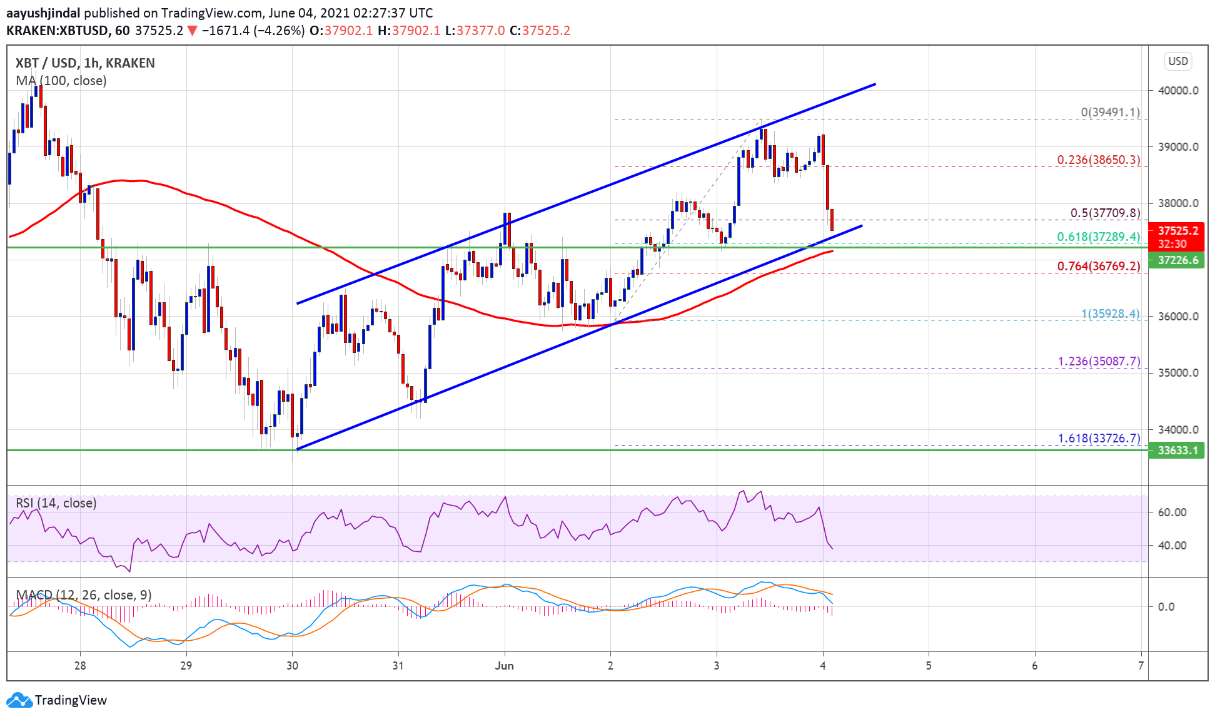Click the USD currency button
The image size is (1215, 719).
1177,61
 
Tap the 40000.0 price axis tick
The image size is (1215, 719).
1178,90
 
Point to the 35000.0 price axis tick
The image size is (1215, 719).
1178,373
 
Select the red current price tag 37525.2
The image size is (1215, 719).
1177,231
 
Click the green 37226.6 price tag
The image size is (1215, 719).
1177,260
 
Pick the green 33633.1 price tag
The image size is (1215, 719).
1177,451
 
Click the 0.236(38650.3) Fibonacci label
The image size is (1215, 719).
1098,160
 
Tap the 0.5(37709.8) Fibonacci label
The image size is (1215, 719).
1105,213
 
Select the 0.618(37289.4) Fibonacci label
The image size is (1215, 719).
1098,237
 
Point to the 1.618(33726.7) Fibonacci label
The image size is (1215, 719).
1099,438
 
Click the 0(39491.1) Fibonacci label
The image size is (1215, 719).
1110,113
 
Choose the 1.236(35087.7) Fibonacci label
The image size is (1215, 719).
1099,361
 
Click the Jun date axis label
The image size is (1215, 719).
504,666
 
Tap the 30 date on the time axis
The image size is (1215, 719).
292,666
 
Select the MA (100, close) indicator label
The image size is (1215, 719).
61,81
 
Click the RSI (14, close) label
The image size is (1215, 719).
56,503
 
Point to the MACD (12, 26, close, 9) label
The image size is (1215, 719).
84,594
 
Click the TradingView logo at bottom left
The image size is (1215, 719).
57,700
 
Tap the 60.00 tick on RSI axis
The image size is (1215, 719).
1172,512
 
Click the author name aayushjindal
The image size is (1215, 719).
43,13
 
